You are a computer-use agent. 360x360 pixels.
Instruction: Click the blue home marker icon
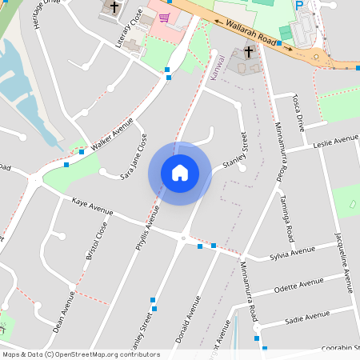180,172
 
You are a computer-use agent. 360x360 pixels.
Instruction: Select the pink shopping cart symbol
164,18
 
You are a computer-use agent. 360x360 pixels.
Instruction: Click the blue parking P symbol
299,6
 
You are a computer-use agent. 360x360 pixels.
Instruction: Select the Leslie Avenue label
335,142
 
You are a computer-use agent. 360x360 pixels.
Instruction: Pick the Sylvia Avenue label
292,253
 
